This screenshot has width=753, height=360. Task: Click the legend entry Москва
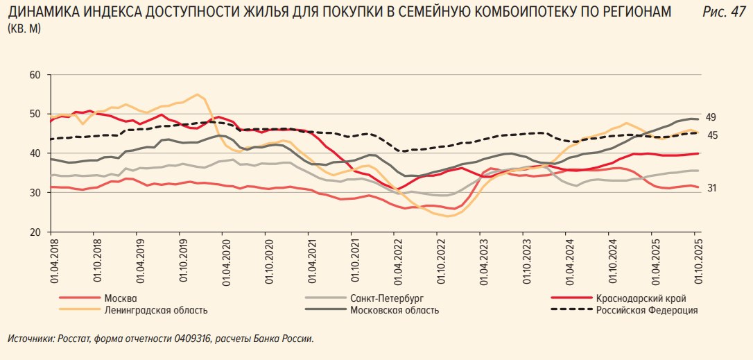(x=121, y=298)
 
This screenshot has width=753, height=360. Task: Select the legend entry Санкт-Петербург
(x=388, y=298)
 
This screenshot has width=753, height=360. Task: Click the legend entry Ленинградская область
(x=156, y=310)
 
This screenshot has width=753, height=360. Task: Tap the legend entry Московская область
(x=395, y=310)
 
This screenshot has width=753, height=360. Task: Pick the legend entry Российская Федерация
(x=647, y=310)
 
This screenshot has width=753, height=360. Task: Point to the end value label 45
(x=712, y=135)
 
